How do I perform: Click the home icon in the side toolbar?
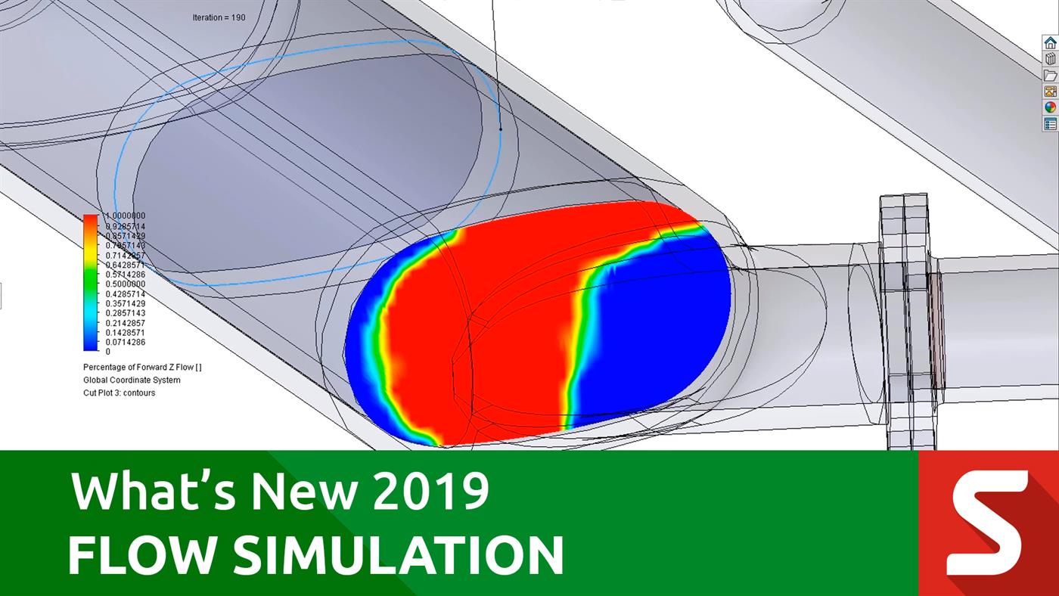pyautogui.click(x=1050, y=42)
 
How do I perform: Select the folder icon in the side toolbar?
pyautogui.click(x=1050, y=75)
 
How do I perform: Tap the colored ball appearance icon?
pyautogui.click(x=1050, y=107)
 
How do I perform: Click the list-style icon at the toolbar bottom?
pyautogui.click(x=1050, y=123)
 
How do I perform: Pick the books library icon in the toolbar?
pyautogui.click(x=1050, y=58)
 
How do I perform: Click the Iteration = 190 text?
pyautogui.click(x=219, y=17)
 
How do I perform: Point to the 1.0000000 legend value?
pyautogui.click(x=125, y=216)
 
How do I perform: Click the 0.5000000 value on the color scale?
pyautogui.click(x=125, y=284)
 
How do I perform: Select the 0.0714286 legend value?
pyautogui.click(x=125, y=342)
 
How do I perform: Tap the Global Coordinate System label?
pyautogui.click(x=132, y=380)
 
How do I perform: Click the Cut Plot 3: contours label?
pyautogui.click(x=119, y=393)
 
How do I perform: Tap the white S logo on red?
pyautogui.click(x=987, y=522)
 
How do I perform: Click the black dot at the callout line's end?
pyautogui.click(x=500, y=129)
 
